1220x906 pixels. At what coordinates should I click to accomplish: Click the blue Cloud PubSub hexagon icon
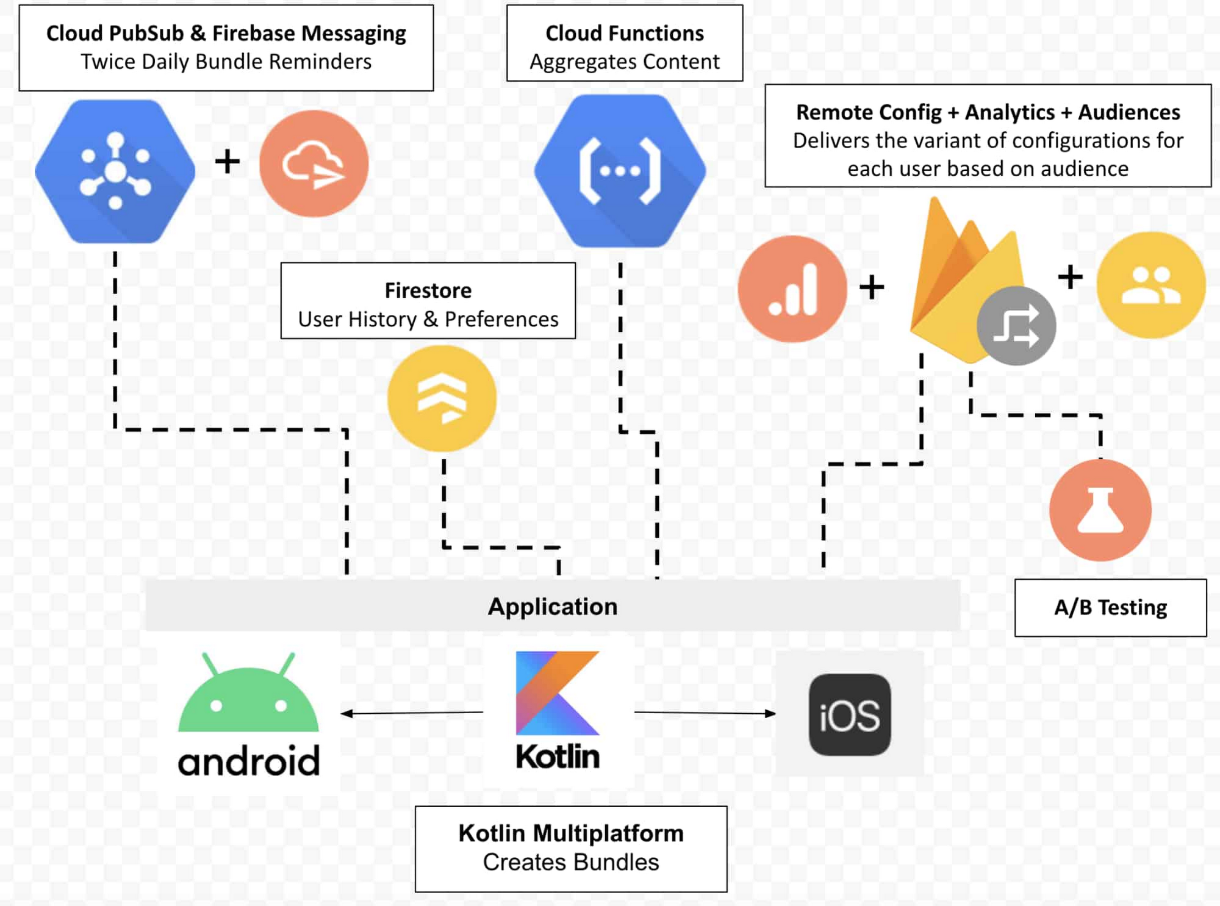[115, 171]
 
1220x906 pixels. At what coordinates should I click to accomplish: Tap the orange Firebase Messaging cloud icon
[314, 164]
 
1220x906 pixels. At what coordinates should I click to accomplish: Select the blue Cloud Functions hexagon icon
[620, 171]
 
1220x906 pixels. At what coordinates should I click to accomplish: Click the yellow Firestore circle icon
[442, 398]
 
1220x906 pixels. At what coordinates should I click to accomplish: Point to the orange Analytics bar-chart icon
[792, 289]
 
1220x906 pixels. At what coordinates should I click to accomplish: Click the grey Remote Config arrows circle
[1016, 326]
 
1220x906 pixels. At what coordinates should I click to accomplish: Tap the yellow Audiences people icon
[1150, 285]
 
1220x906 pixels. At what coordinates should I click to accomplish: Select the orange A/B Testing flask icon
[1100, 510]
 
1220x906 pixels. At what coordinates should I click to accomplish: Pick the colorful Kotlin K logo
[558, 693]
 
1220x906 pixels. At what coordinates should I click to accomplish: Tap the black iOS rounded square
[850, 715]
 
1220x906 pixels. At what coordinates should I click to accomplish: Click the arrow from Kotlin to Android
[412, 713]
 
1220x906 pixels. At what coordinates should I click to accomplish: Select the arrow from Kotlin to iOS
[705, 713]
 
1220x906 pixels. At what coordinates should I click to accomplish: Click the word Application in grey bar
[553, 606]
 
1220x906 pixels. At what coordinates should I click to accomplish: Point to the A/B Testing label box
[1110, 608]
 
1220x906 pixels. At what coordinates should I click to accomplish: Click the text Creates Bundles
[570, 862]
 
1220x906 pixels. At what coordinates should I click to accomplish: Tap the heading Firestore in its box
[428, 290]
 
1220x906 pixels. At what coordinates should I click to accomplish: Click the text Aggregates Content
[624, 62]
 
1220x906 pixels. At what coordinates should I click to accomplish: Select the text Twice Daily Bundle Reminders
[226, 62]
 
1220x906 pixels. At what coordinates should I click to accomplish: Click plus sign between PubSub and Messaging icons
[228, 162]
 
